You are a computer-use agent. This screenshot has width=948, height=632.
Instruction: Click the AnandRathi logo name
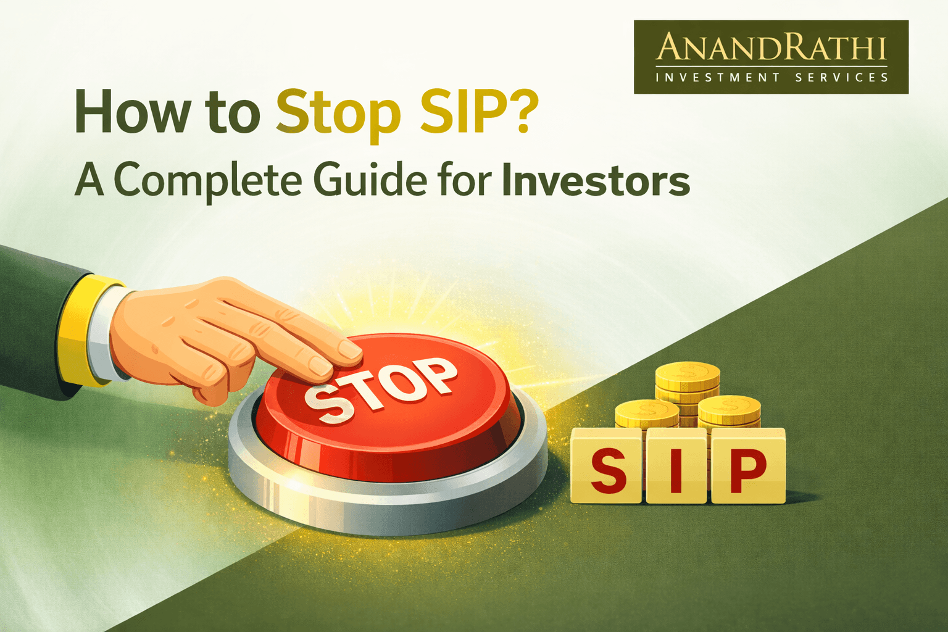[x=771, y=48]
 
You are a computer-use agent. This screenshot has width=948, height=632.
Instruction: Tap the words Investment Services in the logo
[x=771, y=78]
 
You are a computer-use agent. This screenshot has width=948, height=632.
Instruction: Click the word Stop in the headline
[x=338, y=113]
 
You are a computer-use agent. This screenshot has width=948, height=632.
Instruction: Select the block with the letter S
[x=607, y=467]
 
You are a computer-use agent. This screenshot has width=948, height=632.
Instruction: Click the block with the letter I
[x=676, y=468]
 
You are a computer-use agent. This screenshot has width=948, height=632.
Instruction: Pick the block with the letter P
[x=747, y=468]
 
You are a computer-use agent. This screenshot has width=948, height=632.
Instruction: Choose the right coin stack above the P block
[x=730, y=412]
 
